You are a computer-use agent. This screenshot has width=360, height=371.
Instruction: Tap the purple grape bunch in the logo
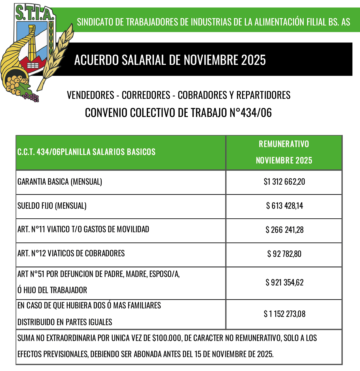pyautogui.click(x=32, y=97)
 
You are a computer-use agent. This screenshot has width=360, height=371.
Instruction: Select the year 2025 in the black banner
pyautogui.click(x=253, y=60)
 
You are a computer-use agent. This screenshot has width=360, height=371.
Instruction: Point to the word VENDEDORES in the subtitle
pyautogui.click(x=90, y=95)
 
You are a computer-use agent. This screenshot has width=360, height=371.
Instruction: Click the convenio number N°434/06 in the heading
pyautogui.click(x=250, y=113)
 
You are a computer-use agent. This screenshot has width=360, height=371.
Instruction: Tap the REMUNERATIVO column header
pyautogui.click(x=284, y=144)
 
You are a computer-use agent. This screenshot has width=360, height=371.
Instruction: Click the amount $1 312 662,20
pyautogui.click(x=284, y=182)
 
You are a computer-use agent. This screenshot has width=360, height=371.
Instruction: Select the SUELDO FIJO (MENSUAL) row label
pyautogui.click(x=52, y=206)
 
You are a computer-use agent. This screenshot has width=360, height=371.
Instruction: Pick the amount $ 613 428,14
pyautogui.click(x=284, y=206)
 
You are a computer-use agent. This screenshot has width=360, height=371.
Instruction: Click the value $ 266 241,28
pyautogui.click(x=284, y=230)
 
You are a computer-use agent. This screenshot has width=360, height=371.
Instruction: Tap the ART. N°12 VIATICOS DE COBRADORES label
pyautogui.click(x=71, y=253)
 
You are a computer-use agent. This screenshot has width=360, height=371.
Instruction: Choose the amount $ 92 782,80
pyautogui.click(x=284, y=254)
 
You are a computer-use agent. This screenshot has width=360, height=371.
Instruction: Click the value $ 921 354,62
pyautogui.click(x=284, y=283)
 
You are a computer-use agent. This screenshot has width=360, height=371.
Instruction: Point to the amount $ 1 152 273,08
pyautogui.click(x=284, y=314)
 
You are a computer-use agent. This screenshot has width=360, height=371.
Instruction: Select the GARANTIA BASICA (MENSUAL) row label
pyautogui.click(x=60, y=182)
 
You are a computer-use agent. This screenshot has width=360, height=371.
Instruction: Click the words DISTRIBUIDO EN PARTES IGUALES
pyautogui.click(x=65, y=322)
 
